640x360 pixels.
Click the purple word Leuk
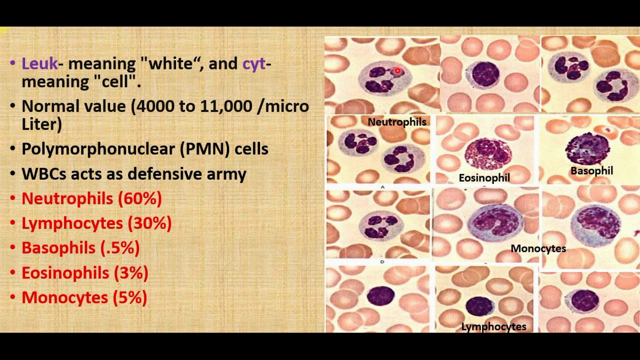pos(39,64)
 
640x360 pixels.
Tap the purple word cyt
pos(254,64)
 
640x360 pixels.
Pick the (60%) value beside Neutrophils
pos(140,198)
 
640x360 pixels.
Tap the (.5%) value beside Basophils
pos(120,248)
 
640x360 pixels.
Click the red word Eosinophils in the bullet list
pos(65,273)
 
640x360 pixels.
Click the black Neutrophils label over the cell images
pos(397,122)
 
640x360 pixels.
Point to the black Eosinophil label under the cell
pos(484,178)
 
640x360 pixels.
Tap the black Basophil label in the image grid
pos(591,171)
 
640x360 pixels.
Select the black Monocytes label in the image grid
pos(538,248)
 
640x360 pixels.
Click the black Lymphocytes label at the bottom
pos(493,327)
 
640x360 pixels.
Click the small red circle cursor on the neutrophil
pos(397,71)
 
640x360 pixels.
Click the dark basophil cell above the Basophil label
pos(587,148)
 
